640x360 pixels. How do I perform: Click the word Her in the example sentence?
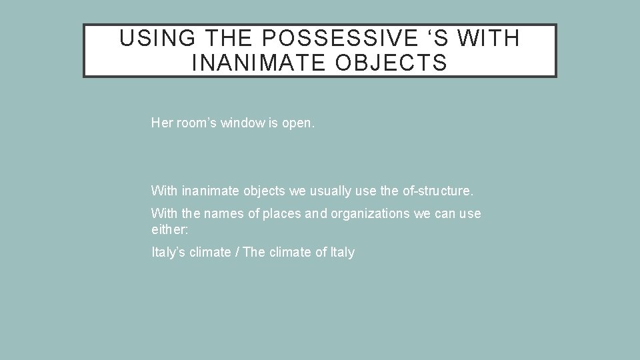coord(161,123)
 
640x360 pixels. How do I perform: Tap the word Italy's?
coord(166,252)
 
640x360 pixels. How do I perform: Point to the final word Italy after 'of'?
coord(343,252)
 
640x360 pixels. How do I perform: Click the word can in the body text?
coord(443,214)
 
